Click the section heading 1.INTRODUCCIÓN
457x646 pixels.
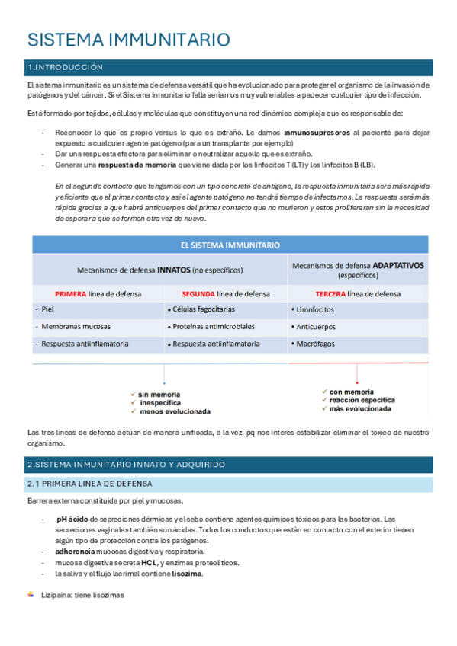pyautogui.click(x=65, y=67)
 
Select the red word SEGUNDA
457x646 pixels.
pyautogui.click(x=198, y=293)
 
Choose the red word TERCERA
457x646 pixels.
pyautogui.click(x=330, y=293)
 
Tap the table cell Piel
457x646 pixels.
pyautogui.click(x=48, y=310)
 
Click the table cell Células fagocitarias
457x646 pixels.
pyautogui.click(x=204, y=309)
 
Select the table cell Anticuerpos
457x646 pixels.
pyautogui.click(x=317, y=326)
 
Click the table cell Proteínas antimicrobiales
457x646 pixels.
pyautogui.click(x=213, y=326)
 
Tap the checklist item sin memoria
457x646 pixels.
pyautogui.click(x=159, y=394)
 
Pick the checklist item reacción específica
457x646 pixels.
pyautogui.click(x=362, y=399)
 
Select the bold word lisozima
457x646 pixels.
pyautogui.click(x=187, y=574)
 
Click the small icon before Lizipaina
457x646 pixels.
pyautogui.click(x=31, y=594)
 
